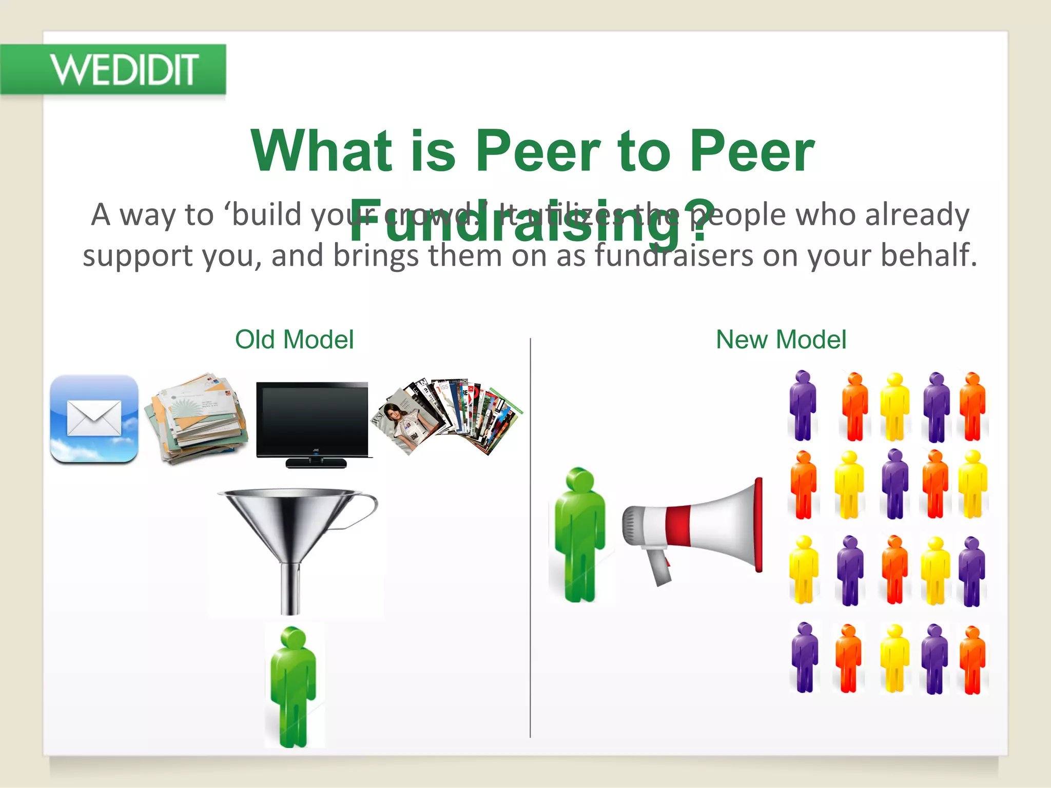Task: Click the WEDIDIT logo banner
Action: [x=113, y=69]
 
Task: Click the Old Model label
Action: [x=294, y=340]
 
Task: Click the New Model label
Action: [x=781, y=340]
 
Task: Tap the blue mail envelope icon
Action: [x=94, y=419]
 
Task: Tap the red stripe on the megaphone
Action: [x=677, y=526]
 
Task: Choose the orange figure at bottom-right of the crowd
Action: [x=972, y=659]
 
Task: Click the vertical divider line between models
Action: [x=530, y=539]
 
